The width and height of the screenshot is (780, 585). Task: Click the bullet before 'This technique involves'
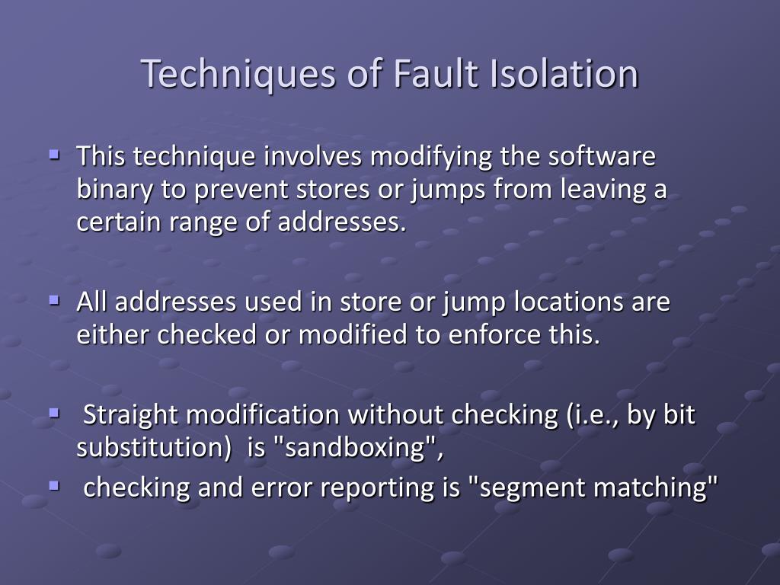pyautogui.click(x=54, y=153)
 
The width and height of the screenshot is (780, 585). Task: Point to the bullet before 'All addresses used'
pyautogui.click(x=54, y=299)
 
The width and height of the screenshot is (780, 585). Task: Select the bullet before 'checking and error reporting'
pyautogui.click(x=54, y=484)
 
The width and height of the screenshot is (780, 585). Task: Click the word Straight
pyautogui.click(x=131, y=415)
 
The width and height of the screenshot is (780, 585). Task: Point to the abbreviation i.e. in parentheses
pyautogui.click(x=590, y=415)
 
